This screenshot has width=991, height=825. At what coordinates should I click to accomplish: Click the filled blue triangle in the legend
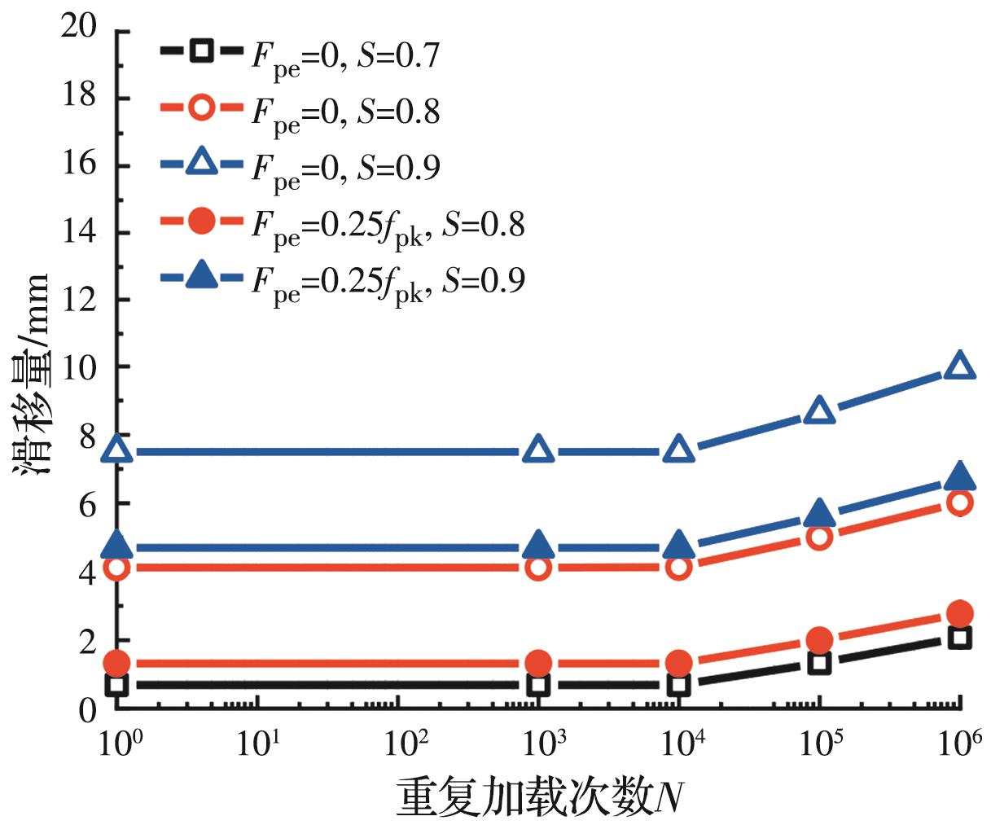(x=201, y=278)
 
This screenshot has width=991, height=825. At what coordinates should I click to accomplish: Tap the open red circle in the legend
(x=201, y=108)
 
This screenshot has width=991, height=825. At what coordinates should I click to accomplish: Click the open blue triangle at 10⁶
(x=960, y=366)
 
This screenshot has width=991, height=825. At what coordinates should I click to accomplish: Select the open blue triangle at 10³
(x=538, y=450)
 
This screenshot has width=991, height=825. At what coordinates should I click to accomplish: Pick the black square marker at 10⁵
(x=819, y=661)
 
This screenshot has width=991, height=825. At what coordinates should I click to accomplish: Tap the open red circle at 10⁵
(x=819, y=537)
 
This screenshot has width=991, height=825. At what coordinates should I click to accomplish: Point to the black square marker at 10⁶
(x=960, y=638)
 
